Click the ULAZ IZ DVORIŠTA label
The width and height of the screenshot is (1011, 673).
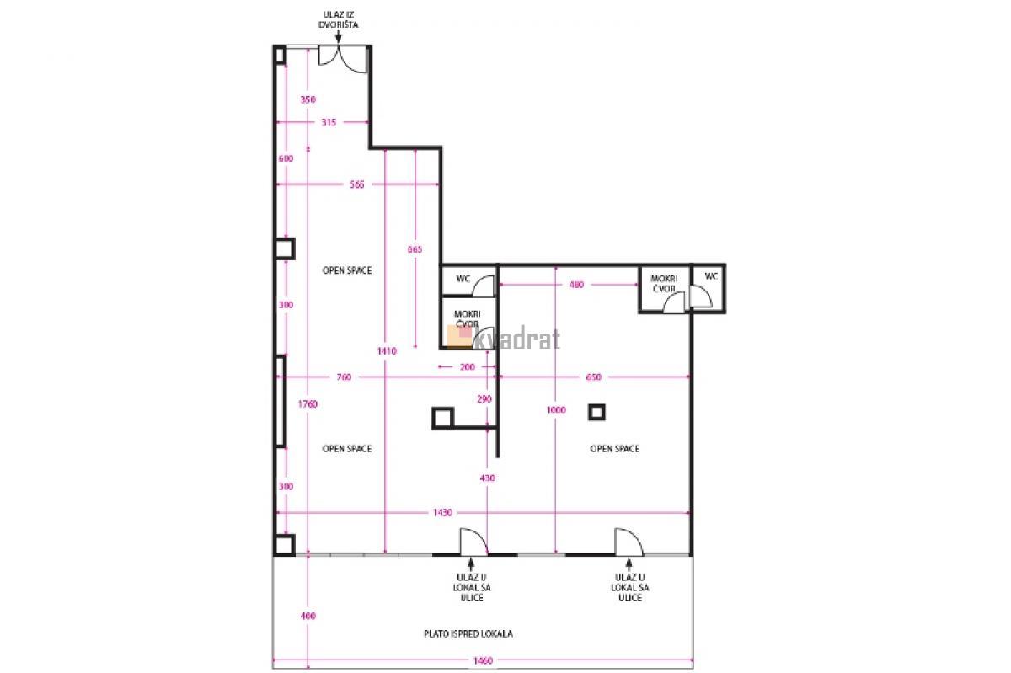(x=338, y=19)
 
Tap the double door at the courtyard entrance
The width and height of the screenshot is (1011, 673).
(x=343, y=58)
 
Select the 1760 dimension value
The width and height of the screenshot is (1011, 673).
(x=308, y=404)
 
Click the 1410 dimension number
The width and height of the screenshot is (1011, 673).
(x=387, y=350)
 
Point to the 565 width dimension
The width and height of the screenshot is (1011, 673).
(x=356, y=184)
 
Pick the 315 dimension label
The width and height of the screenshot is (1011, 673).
(x=329, y=122)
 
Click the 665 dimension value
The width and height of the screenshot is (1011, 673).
(x=415, y=249)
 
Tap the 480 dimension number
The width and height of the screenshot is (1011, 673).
(x=576, y=285)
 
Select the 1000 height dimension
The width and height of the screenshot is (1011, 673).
(x=556, y=410)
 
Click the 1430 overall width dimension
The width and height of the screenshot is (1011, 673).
(x=442, y=512)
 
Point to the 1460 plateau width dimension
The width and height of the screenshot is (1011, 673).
(x=483, y=661)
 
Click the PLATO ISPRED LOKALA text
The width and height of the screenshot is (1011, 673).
(x=468, y=633)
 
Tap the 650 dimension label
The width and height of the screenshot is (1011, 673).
(x=593, y=377)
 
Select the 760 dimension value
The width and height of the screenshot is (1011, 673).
(x=344, y=377)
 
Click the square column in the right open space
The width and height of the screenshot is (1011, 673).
(x=596, y=412)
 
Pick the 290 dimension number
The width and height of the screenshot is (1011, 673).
(x=484, y=399)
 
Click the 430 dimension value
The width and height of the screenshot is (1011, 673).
(x=488, y=478)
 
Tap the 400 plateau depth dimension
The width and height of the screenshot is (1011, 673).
(x=308, y=616)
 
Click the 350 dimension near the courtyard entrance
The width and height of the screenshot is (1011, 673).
(x=308, y=99)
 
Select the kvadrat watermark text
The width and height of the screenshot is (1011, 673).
(x=504, y=337)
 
